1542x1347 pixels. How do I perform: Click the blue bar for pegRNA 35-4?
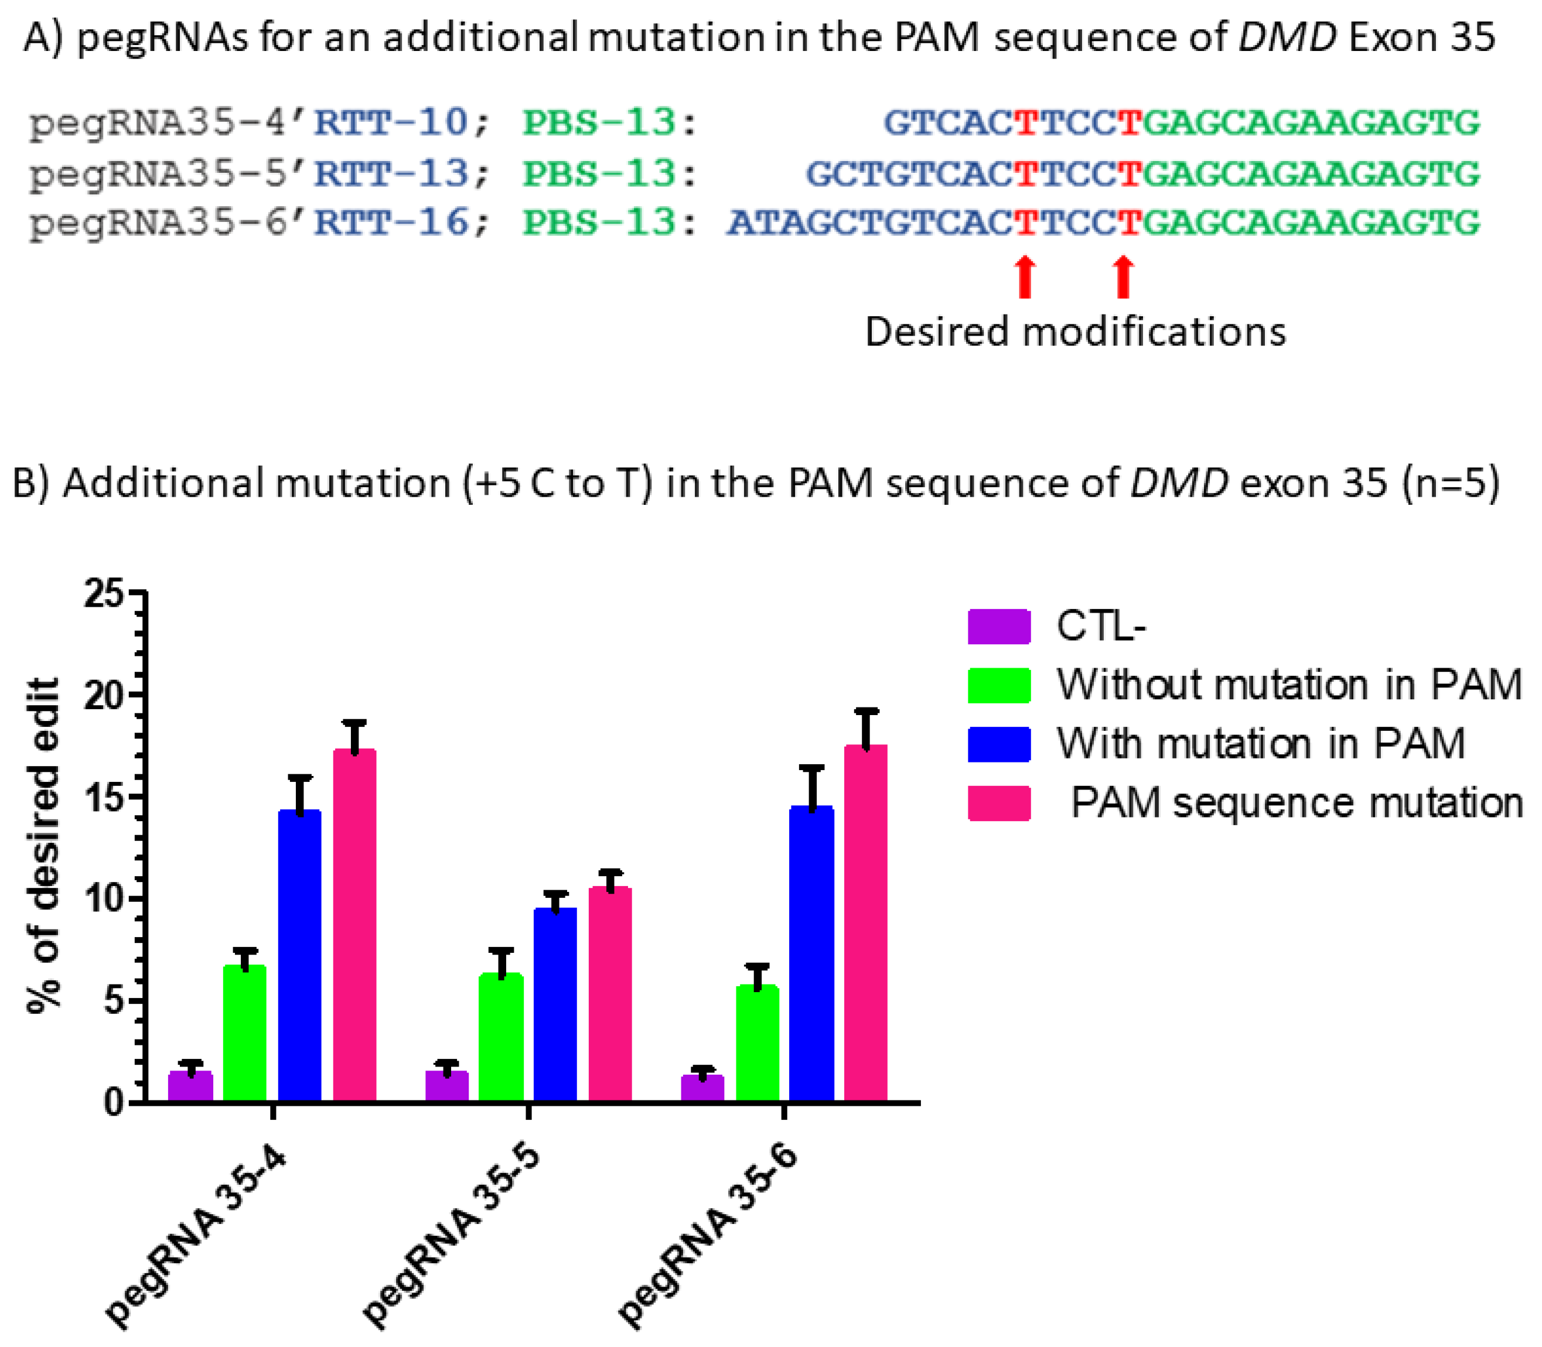click(299, 955)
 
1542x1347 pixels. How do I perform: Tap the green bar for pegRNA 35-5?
click(501, 1037)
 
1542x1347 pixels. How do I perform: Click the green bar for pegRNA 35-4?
click(244, 1033)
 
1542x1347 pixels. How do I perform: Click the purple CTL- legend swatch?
click(998, 626)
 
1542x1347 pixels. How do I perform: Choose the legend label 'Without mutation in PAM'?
click(1289, 685)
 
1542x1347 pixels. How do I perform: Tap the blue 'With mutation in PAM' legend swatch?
click(998, 744)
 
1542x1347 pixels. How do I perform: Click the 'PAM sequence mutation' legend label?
click(1296, 803)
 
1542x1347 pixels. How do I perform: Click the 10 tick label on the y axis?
click(103, 899)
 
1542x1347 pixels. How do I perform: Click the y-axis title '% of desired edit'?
click(43, 846)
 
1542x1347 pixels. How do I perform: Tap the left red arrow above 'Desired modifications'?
click(1024, 276)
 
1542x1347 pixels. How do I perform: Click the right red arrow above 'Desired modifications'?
click(1123, 276)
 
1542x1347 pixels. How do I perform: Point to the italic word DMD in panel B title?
click(1179, 483)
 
